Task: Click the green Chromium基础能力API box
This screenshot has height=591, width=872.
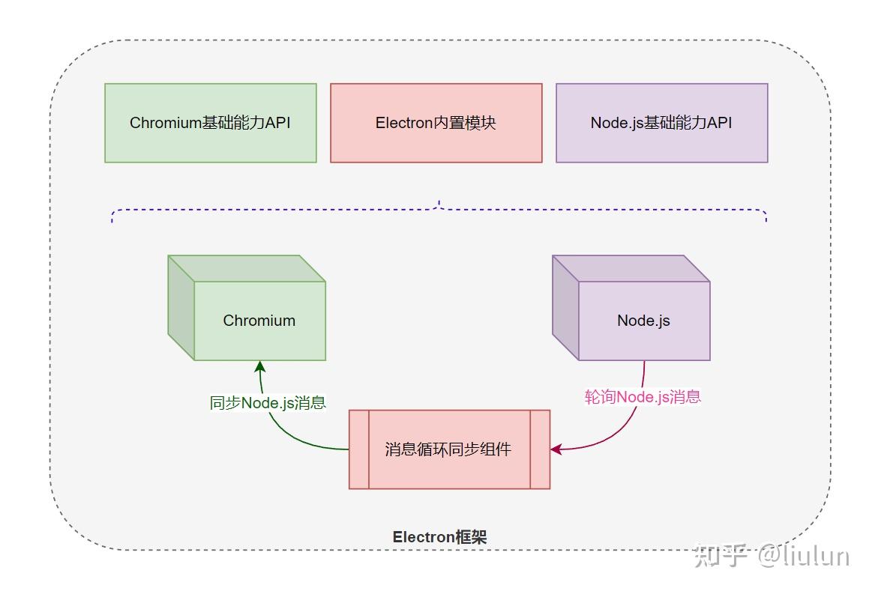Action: click(210, 123)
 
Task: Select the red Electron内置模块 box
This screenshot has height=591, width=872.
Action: click(436, 123)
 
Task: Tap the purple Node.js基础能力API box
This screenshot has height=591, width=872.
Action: click(661, 123)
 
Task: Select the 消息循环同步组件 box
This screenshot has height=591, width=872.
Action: click(448, 449)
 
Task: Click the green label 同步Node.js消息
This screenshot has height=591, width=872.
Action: click(268, 403)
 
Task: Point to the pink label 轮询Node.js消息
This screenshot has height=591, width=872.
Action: click(643, 397)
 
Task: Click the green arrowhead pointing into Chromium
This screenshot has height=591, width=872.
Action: click(259, 367)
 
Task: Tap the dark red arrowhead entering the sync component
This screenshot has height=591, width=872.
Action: click(556, 449)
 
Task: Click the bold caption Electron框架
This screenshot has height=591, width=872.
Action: click(439, 537)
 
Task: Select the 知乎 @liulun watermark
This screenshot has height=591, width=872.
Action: click(772, 556)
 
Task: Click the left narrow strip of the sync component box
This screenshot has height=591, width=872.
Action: click(359, 449)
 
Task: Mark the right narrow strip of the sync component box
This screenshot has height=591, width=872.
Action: click(540, 449)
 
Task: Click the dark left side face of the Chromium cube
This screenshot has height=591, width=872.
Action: click(181, 308)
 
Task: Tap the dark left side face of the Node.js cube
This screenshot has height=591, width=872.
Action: click(565, 308)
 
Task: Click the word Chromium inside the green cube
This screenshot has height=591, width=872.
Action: click(259, 321)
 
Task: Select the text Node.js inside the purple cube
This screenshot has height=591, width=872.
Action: click(643, 321)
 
